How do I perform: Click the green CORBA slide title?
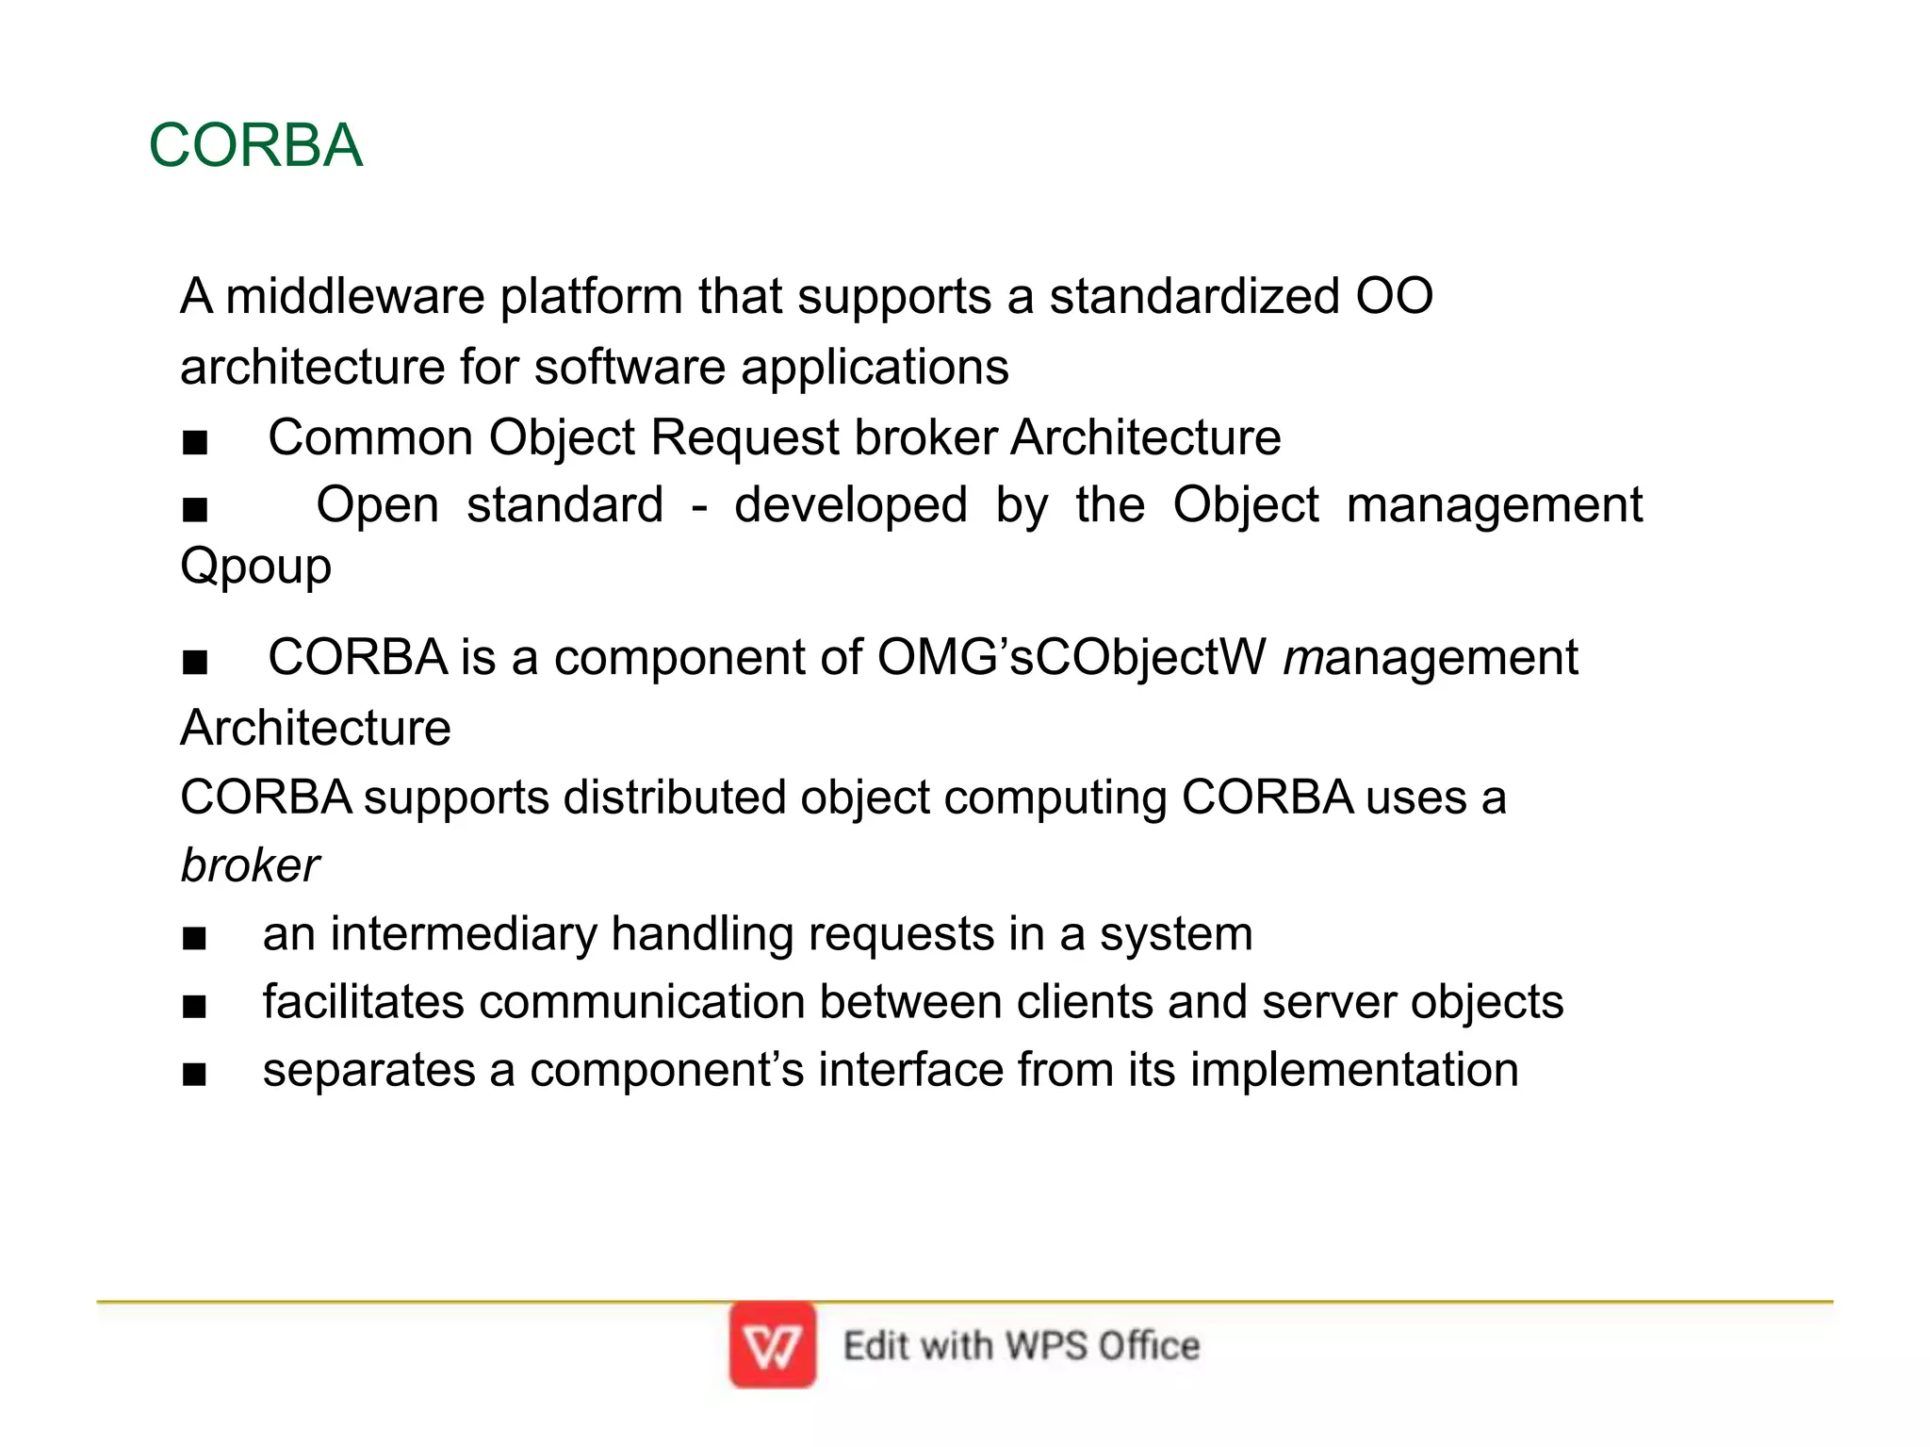[x=255, y=146]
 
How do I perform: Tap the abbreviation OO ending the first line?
[x=1394, y=296]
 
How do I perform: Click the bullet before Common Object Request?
[x=195, y=441]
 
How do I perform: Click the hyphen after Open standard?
[x=698, y=507]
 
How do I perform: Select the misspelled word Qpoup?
[x=255, y=567]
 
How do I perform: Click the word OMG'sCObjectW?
[x=1071, y=657]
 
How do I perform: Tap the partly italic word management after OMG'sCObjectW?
[x=1430, y=658]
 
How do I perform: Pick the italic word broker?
[x=250, y=865]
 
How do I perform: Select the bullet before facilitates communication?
[x=195, y=1006]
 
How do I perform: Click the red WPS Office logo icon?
[x=772, y=1345]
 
